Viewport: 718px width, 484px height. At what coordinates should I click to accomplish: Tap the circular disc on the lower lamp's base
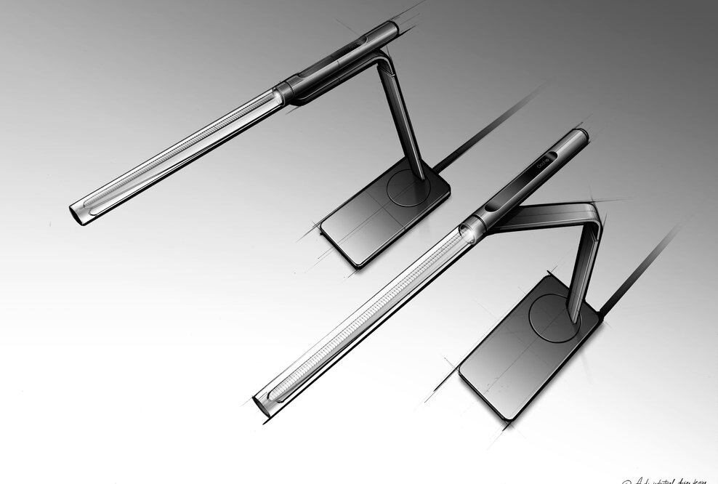554,318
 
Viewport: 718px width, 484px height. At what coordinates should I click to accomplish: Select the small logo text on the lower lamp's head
544,158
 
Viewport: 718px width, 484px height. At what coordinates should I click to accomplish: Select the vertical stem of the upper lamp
404,120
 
